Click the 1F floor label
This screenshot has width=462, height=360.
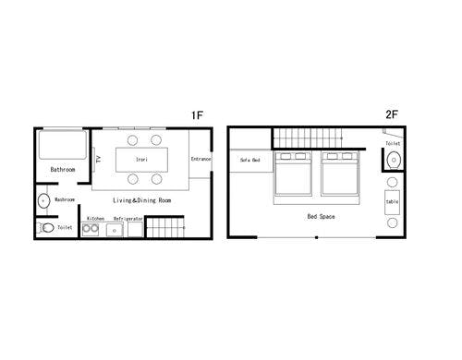pos(197,115)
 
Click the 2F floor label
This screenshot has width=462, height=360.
pos(392,114)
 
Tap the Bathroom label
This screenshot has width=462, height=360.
pos(63,170)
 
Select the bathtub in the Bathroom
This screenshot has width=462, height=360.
pos(62,145)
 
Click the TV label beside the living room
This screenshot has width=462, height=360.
pos(99,159)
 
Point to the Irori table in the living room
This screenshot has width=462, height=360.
pos(141,160)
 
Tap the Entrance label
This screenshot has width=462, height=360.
pos(201,159)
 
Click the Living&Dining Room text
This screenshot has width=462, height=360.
pos(141,200)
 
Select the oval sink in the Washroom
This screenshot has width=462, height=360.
pos(43,201)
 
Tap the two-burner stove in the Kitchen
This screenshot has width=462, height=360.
pos(91,229)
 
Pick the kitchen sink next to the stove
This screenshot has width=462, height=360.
pos(115,230)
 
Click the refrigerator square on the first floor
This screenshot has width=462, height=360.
pos(135,230)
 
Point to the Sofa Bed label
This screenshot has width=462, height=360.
pos(250,160)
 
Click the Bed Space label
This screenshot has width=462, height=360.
pos(321,216)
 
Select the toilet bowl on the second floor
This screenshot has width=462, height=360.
pos(394,160)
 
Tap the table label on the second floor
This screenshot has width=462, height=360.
pos(392,202)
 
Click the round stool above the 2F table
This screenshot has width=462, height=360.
pos(392,183)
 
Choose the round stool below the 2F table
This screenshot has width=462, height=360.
pos(392,222)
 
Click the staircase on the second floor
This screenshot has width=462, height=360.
pos(308,138)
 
